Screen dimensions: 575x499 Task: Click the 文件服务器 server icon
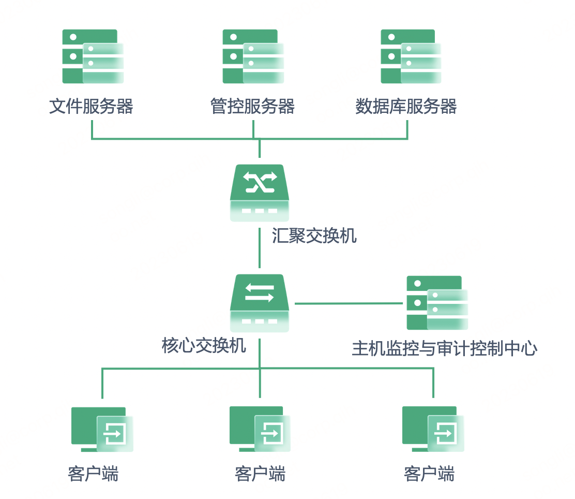(93, 56)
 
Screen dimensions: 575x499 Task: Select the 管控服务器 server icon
(253, 56)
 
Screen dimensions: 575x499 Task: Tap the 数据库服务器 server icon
(411, 56)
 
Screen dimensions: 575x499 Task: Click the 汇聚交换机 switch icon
(260, 193)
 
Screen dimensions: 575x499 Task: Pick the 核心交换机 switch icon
(260, 303)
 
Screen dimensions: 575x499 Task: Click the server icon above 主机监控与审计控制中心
(437, 303)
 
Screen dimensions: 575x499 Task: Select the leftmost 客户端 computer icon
(102, 429)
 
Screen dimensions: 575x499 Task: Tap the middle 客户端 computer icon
(260, 429)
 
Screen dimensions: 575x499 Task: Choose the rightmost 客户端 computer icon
(433, 429)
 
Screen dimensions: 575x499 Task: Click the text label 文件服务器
(92, 107)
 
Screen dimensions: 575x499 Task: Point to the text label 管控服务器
(253, 107)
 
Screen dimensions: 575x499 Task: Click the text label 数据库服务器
(406, 107)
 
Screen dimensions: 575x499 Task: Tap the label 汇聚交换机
(314, 236)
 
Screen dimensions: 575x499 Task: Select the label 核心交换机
(204, 346)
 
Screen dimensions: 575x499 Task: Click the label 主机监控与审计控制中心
(445, 348)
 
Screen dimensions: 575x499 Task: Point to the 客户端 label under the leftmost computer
(93, 474)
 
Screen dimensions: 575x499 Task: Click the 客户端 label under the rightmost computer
(429, 474)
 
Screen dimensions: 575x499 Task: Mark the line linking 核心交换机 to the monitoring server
(349, 304)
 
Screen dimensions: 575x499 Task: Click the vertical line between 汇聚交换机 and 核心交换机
(260, 248)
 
